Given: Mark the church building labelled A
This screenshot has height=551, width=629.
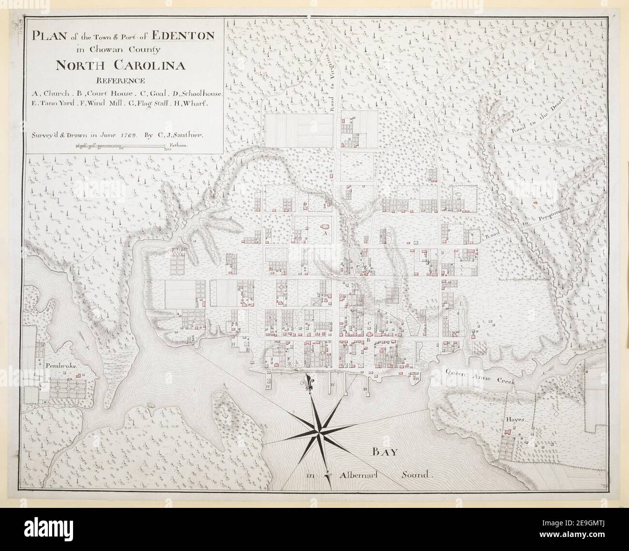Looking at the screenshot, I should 324,226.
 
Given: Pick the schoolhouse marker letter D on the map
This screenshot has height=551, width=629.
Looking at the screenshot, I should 305,204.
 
